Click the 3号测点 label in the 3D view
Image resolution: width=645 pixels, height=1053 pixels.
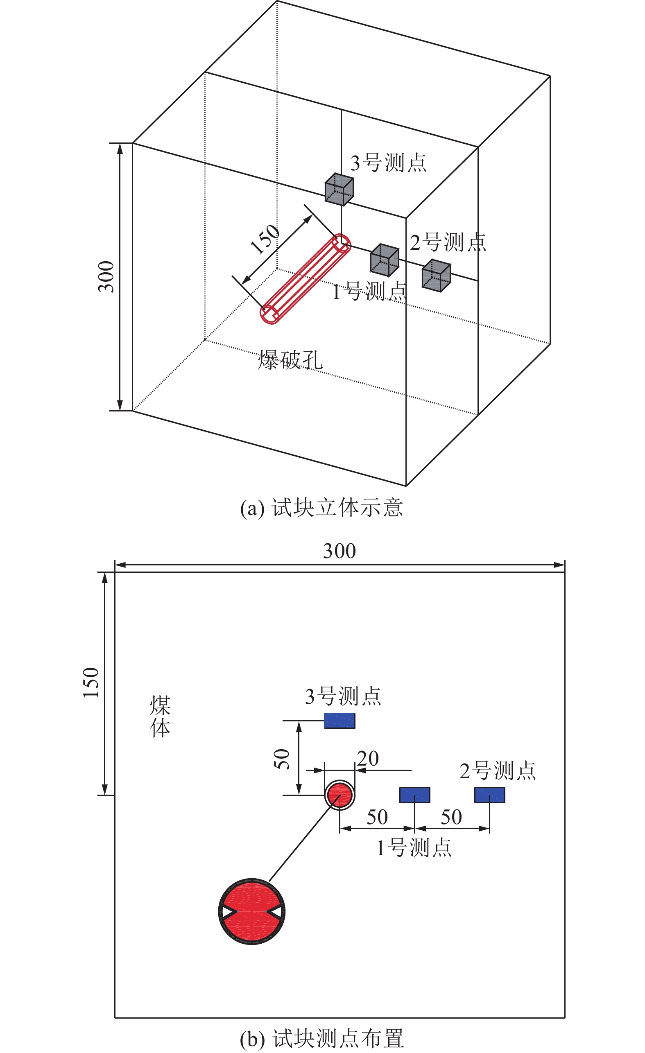point(388,163)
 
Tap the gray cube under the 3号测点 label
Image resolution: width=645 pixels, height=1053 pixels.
point(339,189)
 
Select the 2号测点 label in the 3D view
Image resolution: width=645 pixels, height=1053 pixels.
point(448,242)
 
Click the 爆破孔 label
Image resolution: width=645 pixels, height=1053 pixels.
point(290,359)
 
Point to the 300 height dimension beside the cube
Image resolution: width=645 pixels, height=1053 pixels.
point(106,276)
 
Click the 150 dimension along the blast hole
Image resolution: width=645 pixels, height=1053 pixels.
point(265,240)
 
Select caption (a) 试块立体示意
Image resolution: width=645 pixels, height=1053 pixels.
point(321,508)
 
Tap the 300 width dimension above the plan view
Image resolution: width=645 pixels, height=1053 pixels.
point(339,551)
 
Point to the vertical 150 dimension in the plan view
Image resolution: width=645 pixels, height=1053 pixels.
point(91,682)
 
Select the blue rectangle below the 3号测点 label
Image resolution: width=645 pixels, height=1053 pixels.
point(339,721)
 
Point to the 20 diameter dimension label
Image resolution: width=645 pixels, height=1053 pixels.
point(368,759)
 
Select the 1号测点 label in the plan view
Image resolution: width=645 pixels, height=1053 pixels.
point(414,847)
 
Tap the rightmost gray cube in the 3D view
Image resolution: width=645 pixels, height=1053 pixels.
point(437,276)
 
